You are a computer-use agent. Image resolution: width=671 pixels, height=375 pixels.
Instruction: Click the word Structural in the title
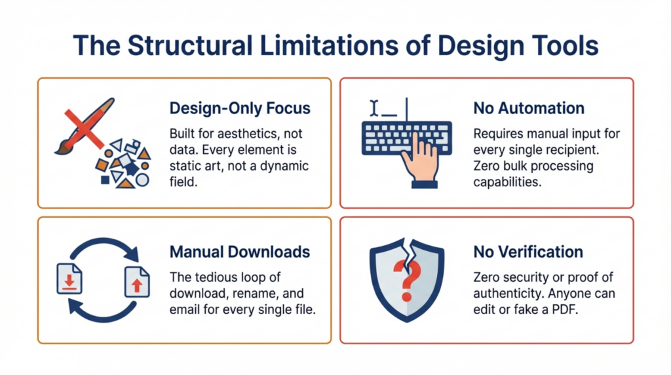click(x=190, y=45)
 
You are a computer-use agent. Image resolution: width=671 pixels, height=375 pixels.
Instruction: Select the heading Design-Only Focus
click(x=240, y=108)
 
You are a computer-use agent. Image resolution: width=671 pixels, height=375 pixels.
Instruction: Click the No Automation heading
click(x=529, y=108)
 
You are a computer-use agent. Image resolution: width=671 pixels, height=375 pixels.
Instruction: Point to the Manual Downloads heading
click(x=240, y=252)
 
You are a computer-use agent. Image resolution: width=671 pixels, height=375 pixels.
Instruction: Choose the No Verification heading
click(x=528, y=252)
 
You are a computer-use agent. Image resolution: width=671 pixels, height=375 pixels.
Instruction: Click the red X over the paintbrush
click(x=85, y=128)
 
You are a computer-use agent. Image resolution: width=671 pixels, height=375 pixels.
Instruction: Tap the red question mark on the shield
click(x=407, y=281)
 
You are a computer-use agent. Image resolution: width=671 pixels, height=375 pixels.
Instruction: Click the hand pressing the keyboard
click(x=420, y=161)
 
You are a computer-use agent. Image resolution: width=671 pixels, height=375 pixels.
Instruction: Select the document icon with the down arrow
click(x=69, y=279)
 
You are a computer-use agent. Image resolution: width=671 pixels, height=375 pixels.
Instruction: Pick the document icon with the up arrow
click(x=137, y=282)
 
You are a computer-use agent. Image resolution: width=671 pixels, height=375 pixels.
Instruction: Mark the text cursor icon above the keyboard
click(x=374, y=108)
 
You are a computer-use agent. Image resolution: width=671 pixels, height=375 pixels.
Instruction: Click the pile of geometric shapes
click(x=123, y=163)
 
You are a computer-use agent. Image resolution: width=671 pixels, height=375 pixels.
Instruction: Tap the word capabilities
click(x=507, y=182)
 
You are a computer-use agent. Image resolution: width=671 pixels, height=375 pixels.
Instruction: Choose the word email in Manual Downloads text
click(x=185, y=309)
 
